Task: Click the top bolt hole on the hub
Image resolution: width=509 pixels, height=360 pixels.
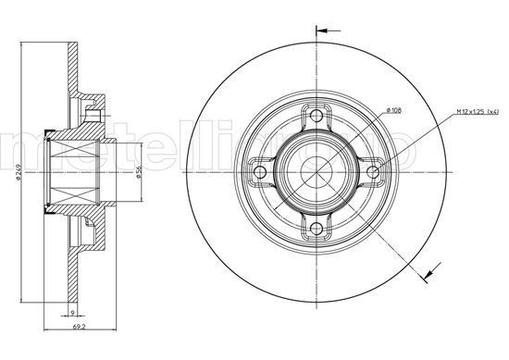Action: pyautogui.click(x=317, y=117)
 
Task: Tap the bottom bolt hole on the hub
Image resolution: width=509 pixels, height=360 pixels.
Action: pyautogui.click(x=317, y=228)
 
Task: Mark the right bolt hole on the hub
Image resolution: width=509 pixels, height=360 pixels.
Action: pyautogui.click(x=372, y=172)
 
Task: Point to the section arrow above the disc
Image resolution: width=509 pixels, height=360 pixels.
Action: pyautogui.click(x=323, y=30)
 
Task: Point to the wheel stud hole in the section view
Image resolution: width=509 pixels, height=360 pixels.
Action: pyautogui.click(x=93, y=116)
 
